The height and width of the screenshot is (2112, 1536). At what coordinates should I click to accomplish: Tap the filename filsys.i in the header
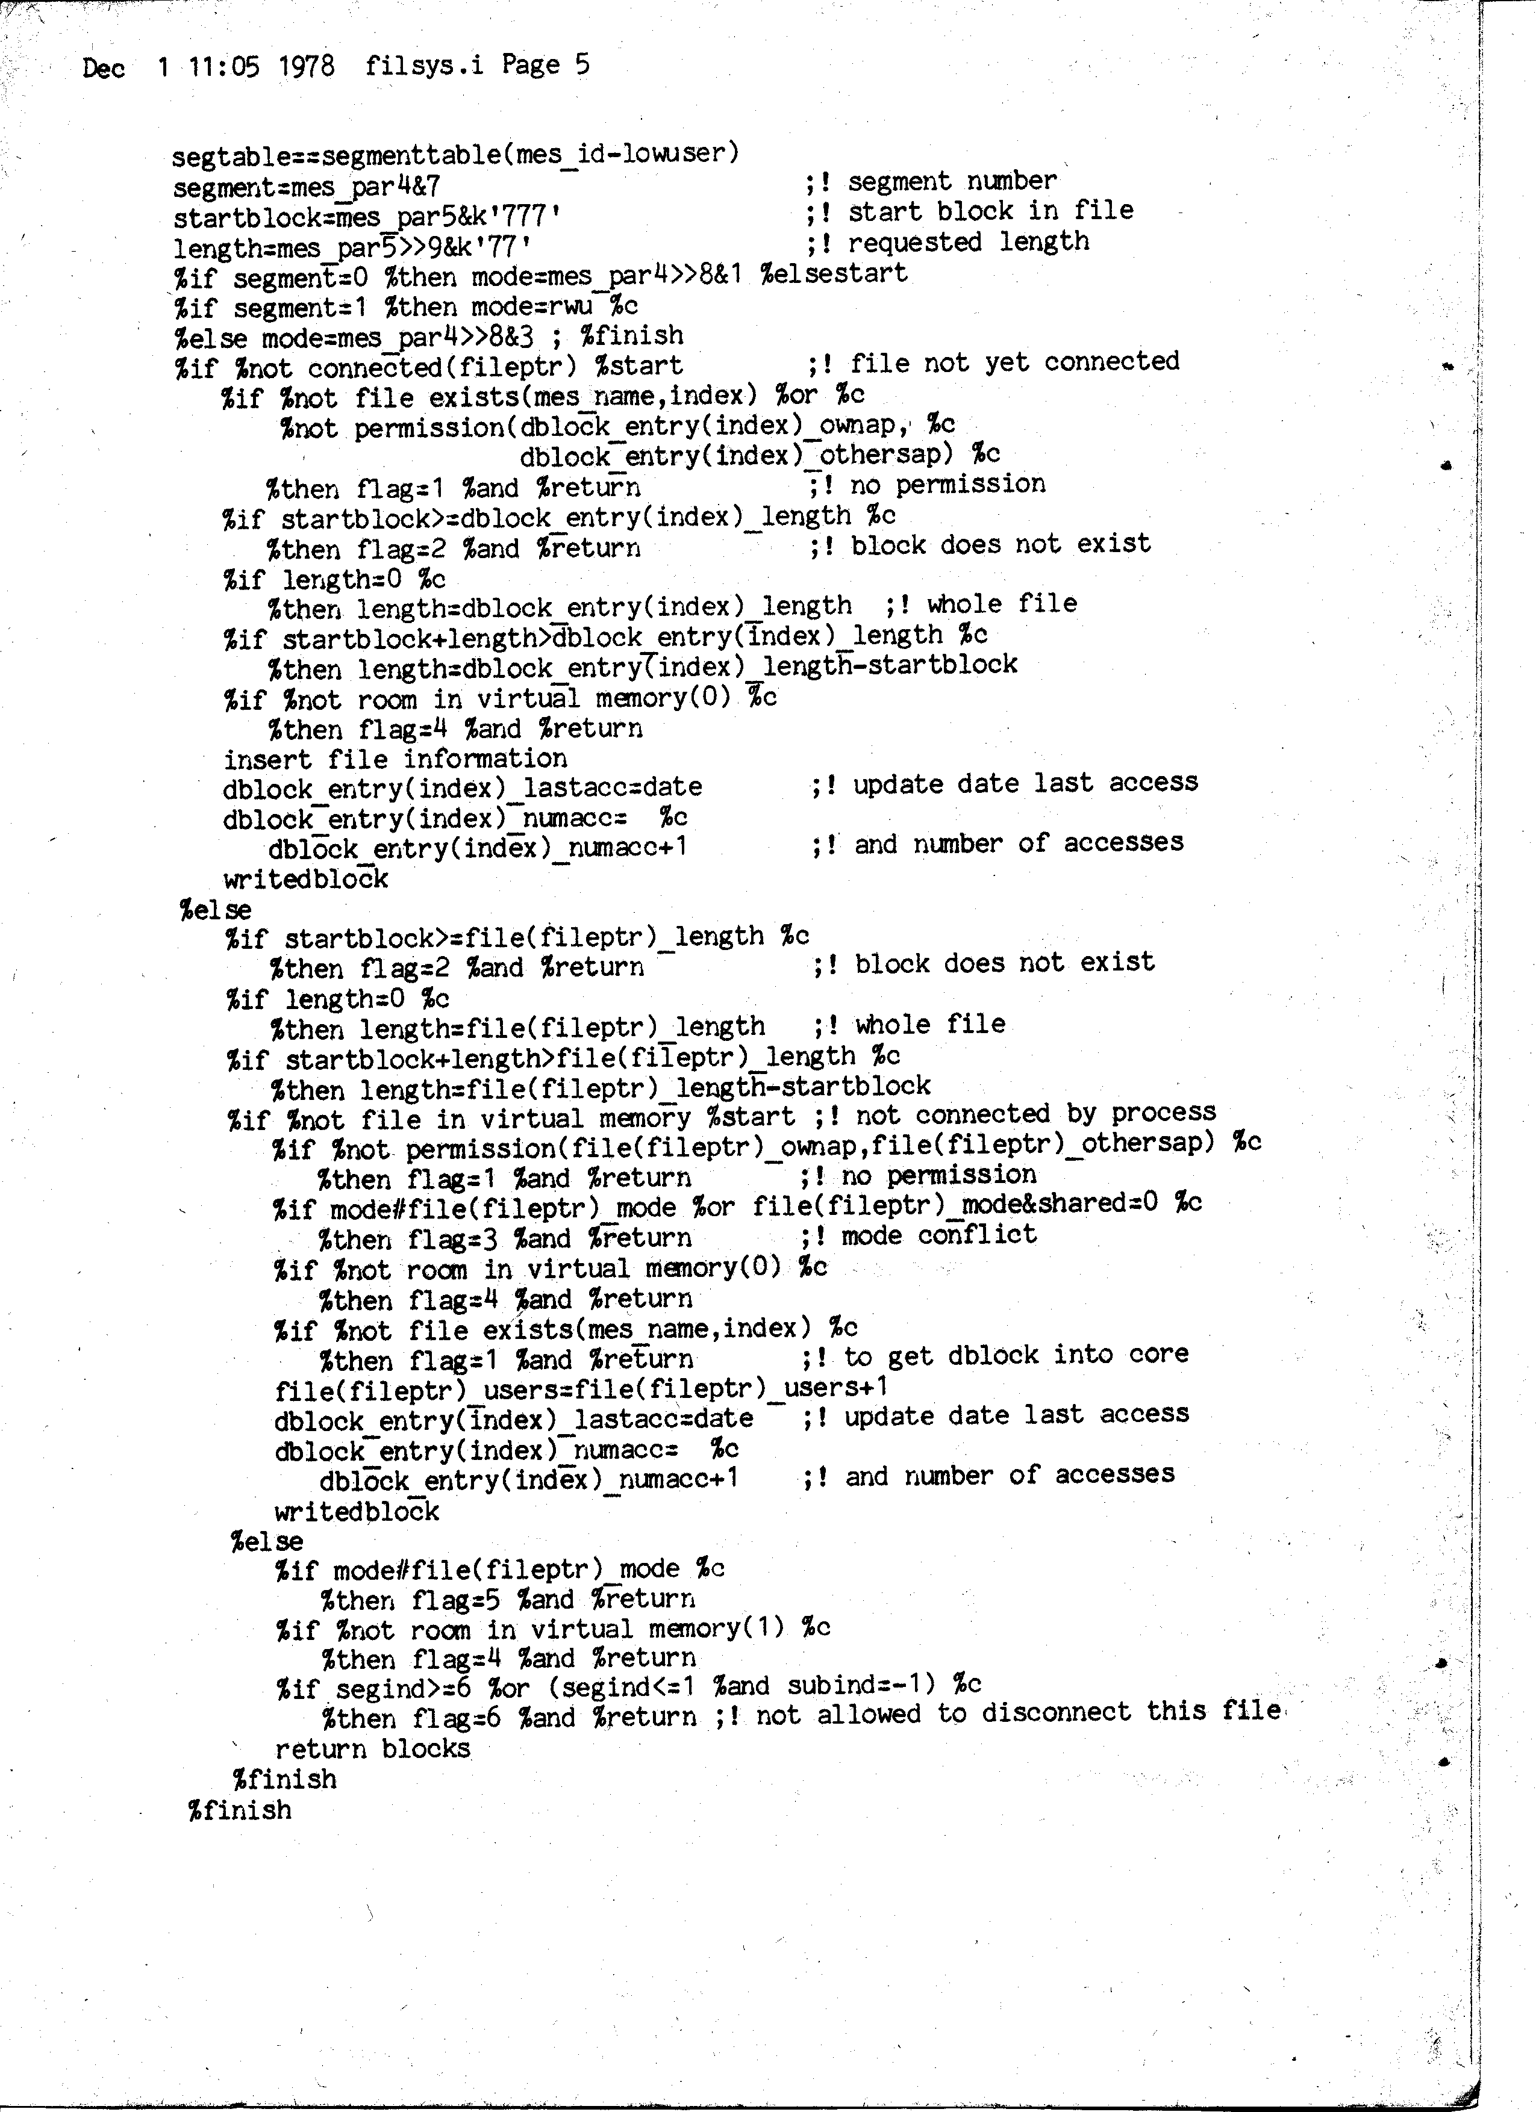pos(424,65)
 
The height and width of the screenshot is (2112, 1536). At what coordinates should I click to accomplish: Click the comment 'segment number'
pos(952,181)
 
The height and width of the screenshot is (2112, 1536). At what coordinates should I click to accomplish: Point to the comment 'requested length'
pos(969,242)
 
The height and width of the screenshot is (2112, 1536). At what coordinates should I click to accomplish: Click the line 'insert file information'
pos(395,759)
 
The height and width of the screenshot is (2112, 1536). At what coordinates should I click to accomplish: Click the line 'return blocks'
pos(373,1749)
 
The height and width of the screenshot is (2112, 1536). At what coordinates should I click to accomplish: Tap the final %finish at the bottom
pos(240,1810)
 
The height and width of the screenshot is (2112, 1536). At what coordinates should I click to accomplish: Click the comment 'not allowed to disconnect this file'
pos(1018,1712)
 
